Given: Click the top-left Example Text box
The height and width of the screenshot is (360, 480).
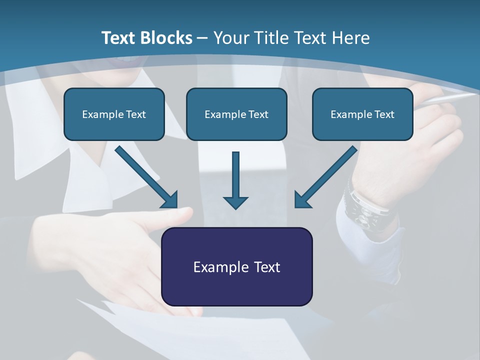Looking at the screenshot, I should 114,114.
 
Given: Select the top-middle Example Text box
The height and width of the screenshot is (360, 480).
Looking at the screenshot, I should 236,114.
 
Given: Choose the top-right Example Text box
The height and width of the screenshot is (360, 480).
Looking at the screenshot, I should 362,114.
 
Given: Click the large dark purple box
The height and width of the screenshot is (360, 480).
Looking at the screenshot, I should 236,266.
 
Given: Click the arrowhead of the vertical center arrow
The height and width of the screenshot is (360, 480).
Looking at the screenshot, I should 235,202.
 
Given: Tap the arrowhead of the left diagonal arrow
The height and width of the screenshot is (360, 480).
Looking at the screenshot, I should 170,200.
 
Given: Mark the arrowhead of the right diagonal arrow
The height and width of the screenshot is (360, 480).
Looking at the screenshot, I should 302,200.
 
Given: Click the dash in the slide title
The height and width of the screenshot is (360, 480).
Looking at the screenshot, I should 202,38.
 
